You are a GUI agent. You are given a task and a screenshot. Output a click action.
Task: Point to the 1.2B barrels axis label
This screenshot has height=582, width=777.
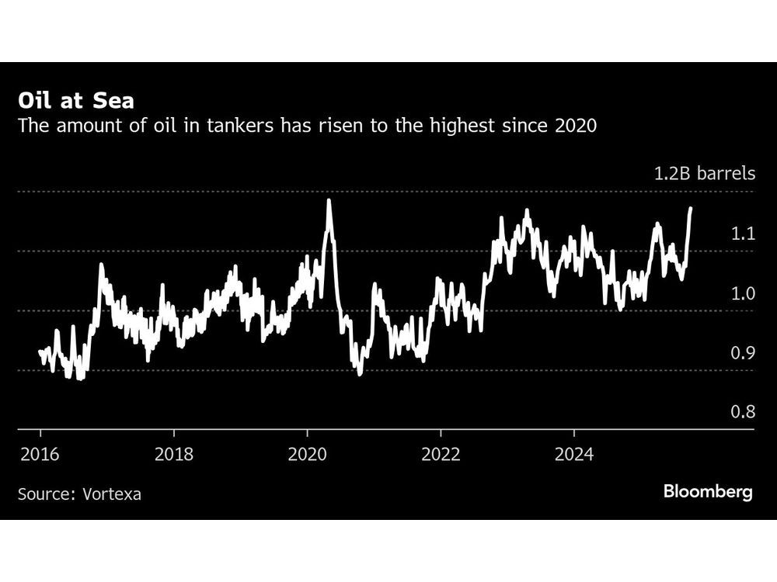click(703, 173)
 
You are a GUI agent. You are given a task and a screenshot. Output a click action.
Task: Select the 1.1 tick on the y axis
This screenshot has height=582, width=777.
click(743, 234)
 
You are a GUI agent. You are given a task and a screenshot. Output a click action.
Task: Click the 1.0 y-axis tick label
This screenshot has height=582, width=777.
click(743, 293)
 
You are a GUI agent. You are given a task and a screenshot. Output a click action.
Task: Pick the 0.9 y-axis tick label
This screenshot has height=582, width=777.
click(743, 353)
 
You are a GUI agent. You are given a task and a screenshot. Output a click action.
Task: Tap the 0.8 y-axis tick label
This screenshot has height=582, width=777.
click(743, 412)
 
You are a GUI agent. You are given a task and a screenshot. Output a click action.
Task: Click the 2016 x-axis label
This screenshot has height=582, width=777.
click(40, 454)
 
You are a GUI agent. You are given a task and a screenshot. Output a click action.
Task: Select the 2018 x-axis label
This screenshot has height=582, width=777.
click(174, 454)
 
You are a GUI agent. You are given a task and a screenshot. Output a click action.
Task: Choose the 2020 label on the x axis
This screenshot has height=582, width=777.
click(307, 454)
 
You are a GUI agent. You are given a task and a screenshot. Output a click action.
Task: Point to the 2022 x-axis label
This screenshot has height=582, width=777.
click(441, 454)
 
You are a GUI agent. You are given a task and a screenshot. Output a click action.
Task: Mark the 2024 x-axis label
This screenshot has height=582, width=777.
click(573, 454)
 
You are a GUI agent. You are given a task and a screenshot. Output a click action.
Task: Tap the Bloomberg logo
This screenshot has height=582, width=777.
click(707, 492)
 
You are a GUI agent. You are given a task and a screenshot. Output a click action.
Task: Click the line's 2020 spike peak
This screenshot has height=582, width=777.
click(329, 200)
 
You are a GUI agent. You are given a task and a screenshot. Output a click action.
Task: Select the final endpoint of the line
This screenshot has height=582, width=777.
click(692, 208)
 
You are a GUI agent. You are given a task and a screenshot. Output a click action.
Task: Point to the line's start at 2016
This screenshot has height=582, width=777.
click(40, 352)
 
